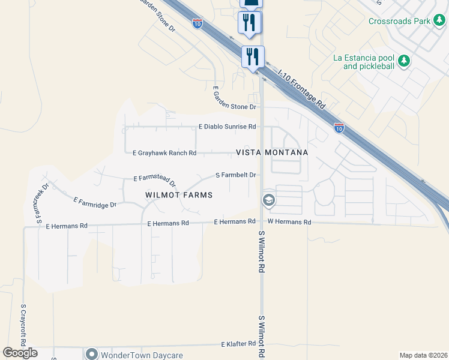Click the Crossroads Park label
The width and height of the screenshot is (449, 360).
(400, 21)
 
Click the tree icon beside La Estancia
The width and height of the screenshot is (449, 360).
(405, 61)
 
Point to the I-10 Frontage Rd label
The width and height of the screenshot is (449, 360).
(301, 88)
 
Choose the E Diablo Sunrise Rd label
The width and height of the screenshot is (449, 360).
(228, 127)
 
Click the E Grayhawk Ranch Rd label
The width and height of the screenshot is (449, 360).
(164, 153)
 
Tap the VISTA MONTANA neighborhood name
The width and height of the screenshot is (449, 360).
(272, 152)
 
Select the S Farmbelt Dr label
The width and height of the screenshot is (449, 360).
(236, 175)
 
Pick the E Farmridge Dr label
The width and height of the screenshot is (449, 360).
(94, 202)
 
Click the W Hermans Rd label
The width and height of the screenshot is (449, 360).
(289, 222)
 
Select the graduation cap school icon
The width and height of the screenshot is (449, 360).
(269, 200)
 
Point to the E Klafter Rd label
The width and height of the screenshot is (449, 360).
(238, 344)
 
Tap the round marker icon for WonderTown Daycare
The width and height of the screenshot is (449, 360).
(92, 354)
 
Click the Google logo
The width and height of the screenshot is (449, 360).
(20, 353)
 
